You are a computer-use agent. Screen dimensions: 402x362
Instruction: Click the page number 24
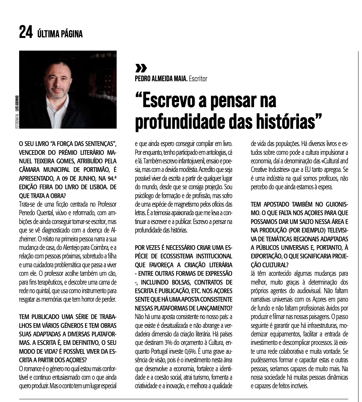(x=26, y=32)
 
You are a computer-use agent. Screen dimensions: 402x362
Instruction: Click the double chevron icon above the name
(x=141, y=69)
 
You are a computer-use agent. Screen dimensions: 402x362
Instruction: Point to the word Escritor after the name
(x=198, y=79)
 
